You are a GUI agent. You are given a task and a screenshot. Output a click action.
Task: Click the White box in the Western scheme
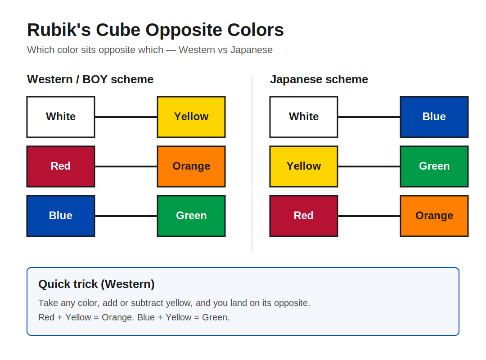point(61,117)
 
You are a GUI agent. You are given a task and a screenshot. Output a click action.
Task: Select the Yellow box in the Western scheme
point(191,117)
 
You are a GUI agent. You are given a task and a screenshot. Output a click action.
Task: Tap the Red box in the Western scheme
point(61,166)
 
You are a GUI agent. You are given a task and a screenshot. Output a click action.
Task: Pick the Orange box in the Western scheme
point(191,166)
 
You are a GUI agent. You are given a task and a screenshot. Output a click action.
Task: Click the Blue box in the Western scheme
point(61,216)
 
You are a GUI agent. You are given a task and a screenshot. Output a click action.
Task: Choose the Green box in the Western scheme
point(191,216)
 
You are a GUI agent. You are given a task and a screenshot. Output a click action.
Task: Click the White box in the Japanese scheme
point(304,117)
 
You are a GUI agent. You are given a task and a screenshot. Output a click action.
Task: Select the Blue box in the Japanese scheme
point(434,117)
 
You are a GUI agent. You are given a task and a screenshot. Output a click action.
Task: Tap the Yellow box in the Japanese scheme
point(304,166)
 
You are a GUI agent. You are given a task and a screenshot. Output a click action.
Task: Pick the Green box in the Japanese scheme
point(434,166)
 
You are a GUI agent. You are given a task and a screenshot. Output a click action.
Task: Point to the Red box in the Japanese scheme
point(304,216)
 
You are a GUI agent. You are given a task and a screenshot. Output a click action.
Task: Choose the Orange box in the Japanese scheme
point(434,216)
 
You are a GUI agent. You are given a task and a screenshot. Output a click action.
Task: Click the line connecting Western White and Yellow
point(126,117)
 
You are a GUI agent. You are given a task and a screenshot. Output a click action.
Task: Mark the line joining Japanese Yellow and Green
point(369,166)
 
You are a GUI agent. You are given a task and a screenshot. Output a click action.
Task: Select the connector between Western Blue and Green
point(126,216)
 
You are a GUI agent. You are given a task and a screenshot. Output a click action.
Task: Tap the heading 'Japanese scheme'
point(319,79)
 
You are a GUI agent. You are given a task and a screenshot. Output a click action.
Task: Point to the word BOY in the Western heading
point(95,79)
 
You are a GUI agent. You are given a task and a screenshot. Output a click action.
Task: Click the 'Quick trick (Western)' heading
point(96,284)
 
